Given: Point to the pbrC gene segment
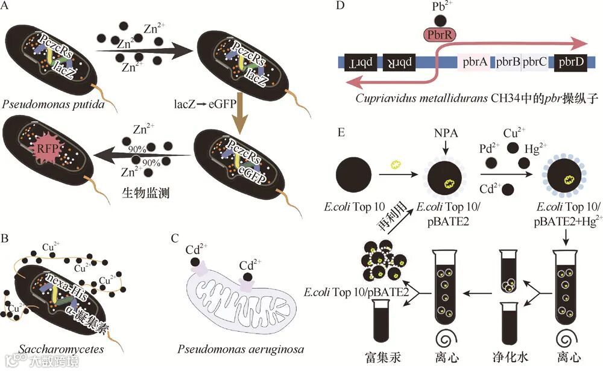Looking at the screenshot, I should click(x=535, y=62).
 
